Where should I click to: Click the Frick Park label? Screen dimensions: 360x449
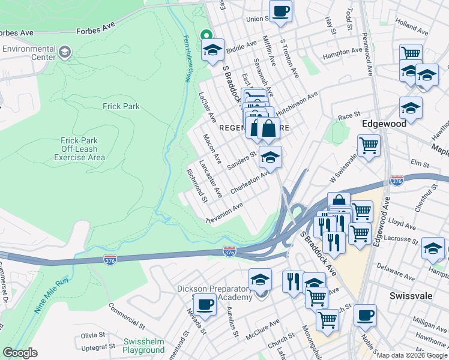[121, 106]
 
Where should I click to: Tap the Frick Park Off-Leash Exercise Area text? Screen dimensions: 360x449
[79, 149]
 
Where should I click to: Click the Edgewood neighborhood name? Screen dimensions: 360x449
[384, 123]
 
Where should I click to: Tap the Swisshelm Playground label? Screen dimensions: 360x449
[143, 346]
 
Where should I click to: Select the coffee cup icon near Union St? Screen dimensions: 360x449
[280, 11]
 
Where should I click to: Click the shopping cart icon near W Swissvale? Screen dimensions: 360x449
[369, 145]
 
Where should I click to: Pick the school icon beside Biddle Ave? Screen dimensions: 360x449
[212, 50]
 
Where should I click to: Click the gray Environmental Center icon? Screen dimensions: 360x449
[64, 54]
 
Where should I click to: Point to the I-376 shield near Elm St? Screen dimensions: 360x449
[396, 180]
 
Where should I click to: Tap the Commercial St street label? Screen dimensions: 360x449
[127, 316]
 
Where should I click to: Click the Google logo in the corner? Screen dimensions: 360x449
[20, 353]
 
